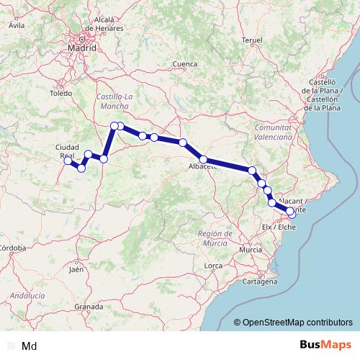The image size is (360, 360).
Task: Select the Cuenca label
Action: (185, 64)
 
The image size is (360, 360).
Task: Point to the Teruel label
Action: (253, 40)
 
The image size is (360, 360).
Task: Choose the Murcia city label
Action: (251, 248)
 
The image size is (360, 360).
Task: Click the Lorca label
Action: (213, 266)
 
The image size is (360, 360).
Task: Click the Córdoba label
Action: (12, 248)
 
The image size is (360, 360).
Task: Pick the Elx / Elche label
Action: (279, 227)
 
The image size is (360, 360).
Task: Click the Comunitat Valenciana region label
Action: (273, 131)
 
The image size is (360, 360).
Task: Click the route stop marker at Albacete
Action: (204, 160)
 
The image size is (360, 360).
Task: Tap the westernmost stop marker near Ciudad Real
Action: (68, 161)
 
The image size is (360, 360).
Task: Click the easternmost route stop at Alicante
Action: (292, 212)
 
